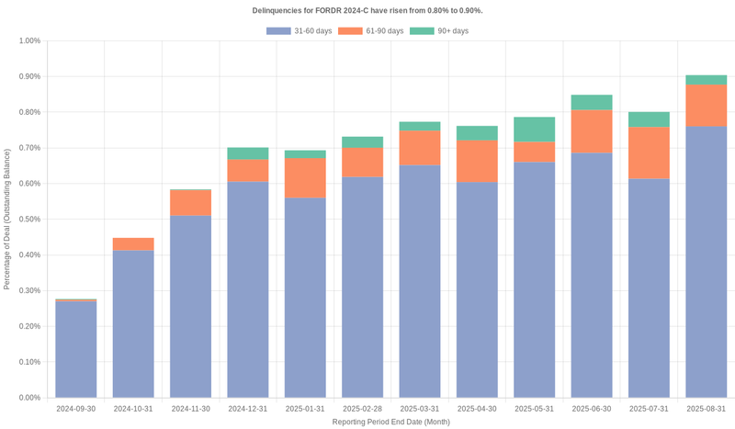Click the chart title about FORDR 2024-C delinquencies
367,10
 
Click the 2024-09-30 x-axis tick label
76,408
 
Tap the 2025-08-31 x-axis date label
706,408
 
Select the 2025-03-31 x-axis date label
419,408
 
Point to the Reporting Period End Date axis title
390,422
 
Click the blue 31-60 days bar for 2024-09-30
76,349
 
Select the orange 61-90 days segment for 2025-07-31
649,152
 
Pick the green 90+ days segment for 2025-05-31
534,130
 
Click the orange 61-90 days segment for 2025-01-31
305,178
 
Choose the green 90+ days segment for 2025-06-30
592,102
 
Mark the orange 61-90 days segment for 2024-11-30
190,203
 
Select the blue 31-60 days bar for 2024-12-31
248,289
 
